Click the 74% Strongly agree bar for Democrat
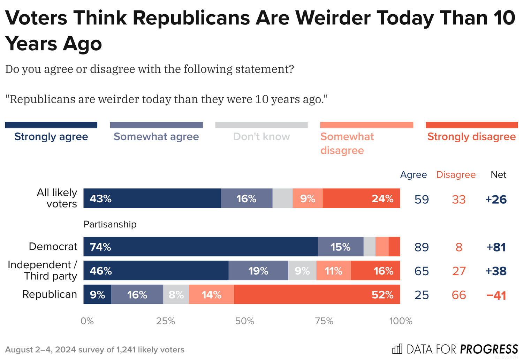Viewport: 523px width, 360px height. (x=200, y=247)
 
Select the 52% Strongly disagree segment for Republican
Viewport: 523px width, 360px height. (x=317, y=294)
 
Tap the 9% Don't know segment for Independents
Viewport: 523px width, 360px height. (x=302, y=271)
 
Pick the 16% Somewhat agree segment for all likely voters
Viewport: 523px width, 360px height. (x=247, y=198)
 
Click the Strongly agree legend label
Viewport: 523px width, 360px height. (x=51, y=137)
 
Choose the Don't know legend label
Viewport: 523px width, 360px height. (x=261, y=137)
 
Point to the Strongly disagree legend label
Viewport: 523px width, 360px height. (x=471, y=137)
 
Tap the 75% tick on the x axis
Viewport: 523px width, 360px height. (x=324, y=321)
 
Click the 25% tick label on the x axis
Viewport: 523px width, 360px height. (x=166, y=321)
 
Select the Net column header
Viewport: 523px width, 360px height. (x=498, y=175)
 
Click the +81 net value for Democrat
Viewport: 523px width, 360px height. (x=496, y=247)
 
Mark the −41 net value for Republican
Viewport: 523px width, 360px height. (x=496, y=295)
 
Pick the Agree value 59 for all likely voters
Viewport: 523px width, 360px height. (x=422, y=199)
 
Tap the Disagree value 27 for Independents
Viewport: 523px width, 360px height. (x=459, y=271)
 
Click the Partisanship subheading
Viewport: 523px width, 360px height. (x=110, y=224)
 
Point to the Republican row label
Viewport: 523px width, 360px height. (x=50, y=294)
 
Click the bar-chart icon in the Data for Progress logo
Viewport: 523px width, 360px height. (x=397, y=349)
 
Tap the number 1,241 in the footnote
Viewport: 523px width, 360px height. (x=126, y=350)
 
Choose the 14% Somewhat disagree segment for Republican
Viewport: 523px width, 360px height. (x=212, y=294)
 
